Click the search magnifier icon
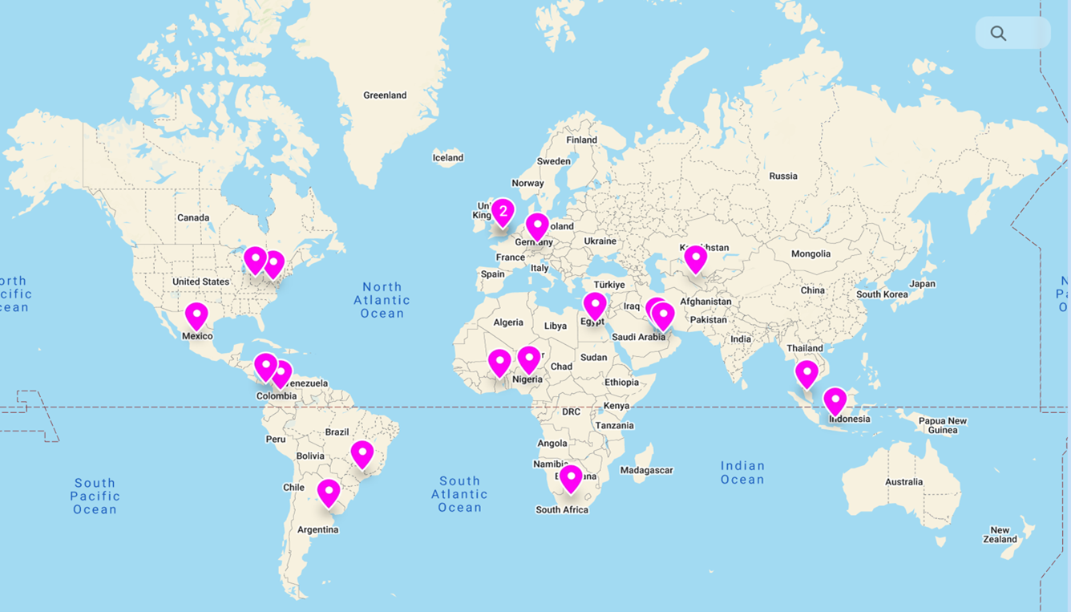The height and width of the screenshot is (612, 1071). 998,33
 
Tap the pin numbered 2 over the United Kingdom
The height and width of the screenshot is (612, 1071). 503,213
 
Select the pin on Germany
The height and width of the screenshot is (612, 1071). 537,226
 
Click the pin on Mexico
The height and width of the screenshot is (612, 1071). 196,315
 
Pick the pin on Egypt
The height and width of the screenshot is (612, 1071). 595,306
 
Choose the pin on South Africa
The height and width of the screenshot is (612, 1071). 571,478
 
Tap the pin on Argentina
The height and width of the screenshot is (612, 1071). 329,492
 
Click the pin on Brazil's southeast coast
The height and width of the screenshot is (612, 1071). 362,454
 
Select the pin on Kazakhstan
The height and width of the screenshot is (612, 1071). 695,259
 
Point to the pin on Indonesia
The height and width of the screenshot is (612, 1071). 835,400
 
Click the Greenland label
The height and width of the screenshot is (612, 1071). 385,95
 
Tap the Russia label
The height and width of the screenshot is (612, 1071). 783,176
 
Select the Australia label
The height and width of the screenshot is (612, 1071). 903,482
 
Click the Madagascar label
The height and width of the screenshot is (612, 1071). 646,470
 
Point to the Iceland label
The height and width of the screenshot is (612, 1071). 448,157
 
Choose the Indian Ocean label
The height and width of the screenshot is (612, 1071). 742,472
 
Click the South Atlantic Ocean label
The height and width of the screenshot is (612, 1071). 459,494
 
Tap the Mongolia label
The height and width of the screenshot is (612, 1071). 810,253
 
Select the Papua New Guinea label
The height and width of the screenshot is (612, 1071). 943,425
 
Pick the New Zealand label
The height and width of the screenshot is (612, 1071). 1000,534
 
